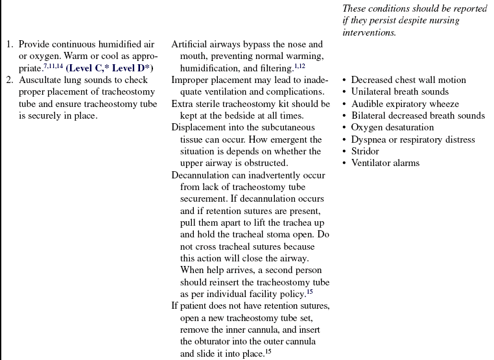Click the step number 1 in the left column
[9, 45]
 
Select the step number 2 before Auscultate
[9, 80]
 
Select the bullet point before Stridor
[344, 152]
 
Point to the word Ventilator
[373, 163]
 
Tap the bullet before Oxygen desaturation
[344, 128]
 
